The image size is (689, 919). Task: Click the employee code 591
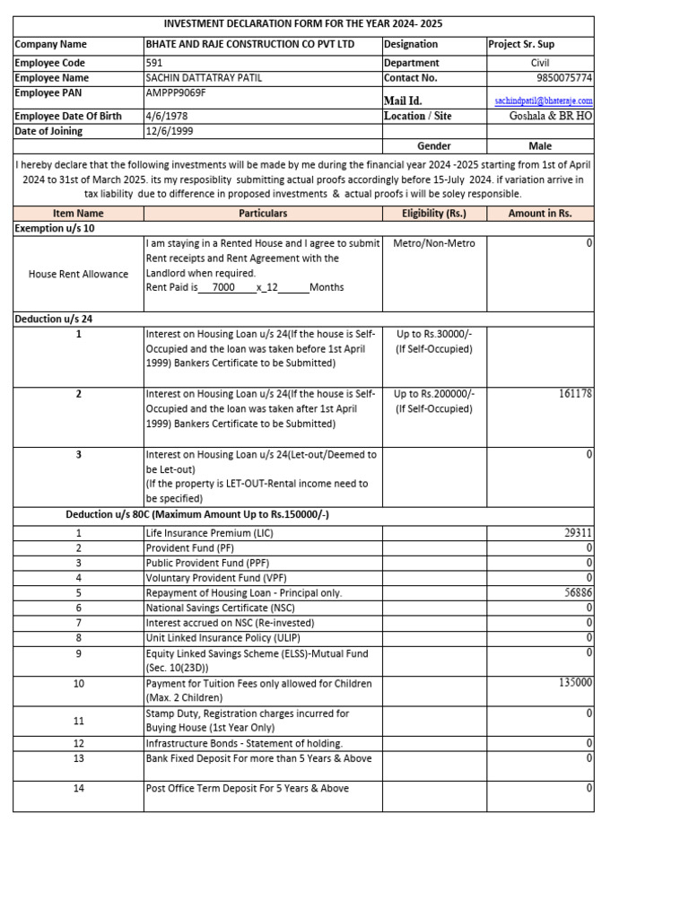pyautogui.click(x=154, y=63)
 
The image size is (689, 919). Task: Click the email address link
pyautogui.click(x=544, y=101)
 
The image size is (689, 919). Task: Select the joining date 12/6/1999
pyautogui.click(x=170, y=131)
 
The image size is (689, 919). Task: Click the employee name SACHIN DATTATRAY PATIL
pyautogui.click(x=204, y=78)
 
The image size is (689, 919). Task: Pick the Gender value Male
pyautogui.click(x=540, y=145)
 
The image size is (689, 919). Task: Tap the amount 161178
pyautogui.click(x=574, y=393)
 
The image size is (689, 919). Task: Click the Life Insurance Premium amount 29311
pyautogui.click(x=577, y=532)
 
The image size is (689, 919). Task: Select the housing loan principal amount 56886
pyautogui.click(x=577, y=593)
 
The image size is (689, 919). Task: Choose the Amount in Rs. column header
pyautogui.click(x=539, y=214)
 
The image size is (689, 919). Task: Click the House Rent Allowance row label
pyautogui.click(x=78, y=274)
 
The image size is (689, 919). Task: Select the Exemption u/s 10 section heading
pyautogui.click(x=55, y=229)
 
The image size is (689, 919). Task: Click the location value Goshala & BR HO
pyautogui.click(x=550, y=116)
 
